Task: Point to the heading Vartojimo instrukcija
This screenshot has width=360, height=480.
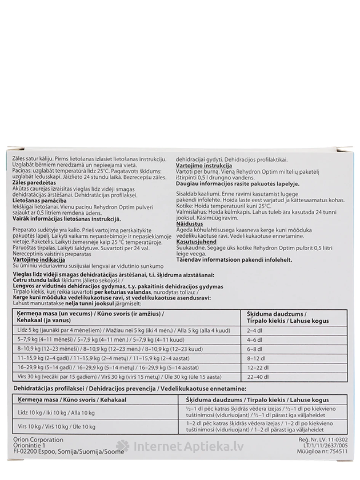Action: [204, 166]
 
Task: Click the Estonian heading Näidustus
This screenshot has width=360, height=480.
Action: [190, 224]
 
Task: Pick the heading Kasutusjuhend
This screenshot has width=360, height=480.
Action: [196, 242]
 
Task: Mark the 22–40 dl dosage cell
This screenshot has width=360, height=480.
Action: [258, 377]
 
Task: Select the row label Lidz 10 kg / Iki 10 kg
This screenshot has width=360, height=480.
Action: [56, 413]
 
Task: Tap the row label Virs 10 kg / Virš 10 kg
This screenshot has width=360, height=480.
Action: [56, 427]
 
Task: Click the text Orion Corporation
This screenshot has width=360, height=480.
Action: [38, 440]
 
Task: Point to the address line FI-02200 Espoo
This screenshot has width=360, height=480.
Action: [69, 452]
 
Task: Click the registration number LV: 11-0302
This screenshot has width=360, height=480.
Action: [322, 440]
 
